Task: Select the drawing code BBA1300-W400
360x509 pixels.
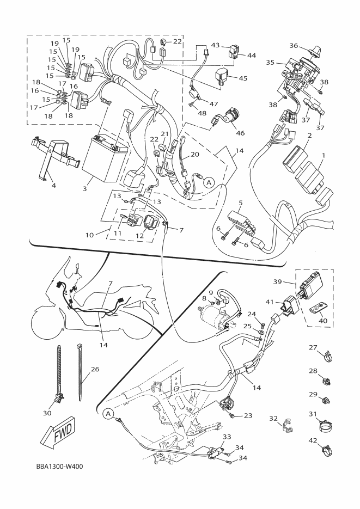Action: tap(56, 467)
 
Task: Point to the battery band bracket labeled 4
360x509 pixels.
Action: tap(52, 155)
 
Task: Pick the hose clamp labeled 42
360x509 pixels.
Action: tap(328, 450)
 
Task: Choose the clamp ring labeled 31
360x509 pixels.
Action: tap(327, 425)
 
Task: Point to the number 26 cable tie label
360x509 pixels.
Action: tap(95, 369)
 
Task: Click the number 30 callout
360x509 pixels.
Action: tap(47, 413)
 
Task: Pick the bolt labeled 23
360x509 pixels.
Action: tap(234, 416)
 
